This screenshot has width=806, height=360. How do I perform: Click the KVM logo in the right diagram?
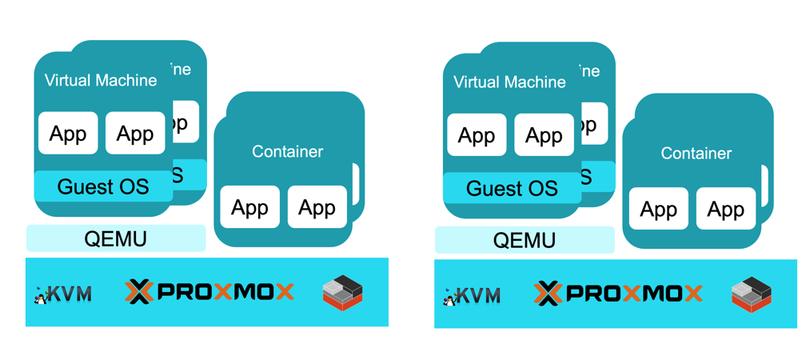(x=472, y=295)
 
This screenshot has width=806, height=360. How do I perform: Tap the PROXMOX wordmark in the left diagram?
(x=209, y=292)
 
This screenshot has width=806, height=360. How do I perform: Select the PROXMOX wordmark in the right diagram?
(x=618, y=294)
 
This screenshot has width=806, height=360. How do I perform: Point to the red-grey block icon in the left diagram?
(x=343, y=293)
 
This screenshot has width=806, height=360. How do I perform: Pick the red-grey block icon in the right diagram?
(x=752, y=294)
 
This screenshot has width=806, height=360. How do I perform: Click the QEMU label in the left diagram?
(x=115, y=238)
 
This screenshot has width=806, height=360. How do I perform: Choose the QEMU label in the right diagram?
(x=525, y=240)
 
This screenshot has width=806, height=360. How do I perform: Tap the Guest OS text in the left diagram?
(x=103, y=187)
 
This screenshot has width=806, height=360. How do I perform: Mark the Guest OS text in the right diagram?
(x=512, y=189)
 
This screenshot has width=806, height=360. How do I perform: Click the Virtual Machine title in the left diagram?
(x=101, y=80)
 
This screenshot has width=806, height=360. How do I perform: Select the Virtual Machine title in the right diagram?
(x=509, y=82)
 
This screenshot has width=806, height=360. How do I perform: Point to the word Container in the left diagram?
(x=288, y=151)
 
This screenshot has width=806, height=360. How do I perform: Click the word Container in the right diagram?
(x=696, y=153)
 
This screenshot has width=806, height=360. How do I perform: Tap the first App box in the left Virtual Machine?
(x=68, y=133)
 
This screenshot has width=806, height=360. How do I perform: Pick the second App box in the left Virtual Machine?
(x=135, y=133)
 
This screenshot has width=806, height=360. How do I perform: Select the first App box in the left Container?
(x=249, y=208)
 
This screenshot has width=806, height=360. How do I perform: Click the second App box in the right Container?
(x=726, y=210)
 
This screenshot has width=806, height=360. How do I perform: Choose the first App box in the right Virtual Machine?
(x=477, y=134)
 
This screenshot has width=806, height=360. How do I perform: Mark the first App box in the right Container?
(x=659, y=210)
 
